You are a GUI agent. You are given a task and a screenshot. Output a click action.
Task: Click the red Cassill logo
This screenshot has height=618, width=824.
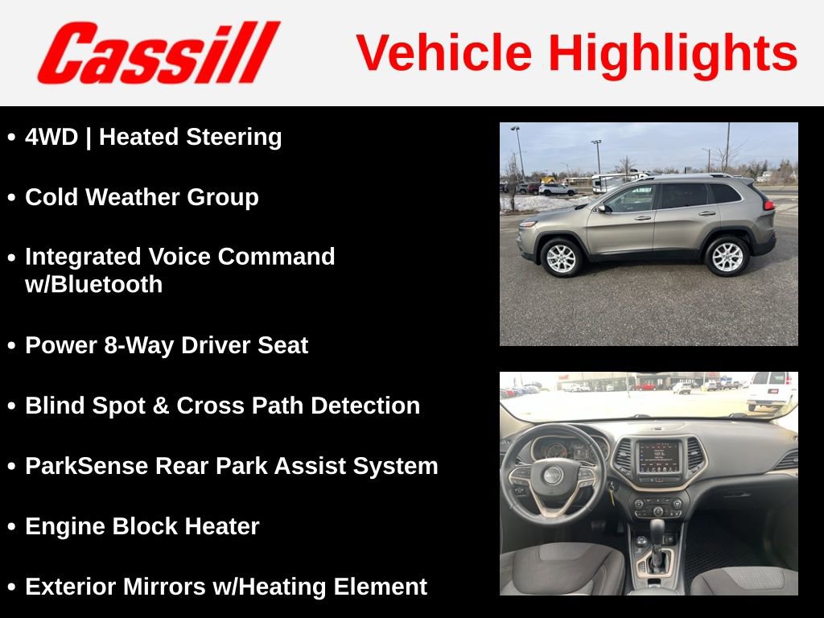(159, 53)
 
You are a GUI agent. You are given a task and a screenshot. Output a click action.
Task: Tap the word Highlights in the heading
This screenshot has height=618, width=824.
(673, 53)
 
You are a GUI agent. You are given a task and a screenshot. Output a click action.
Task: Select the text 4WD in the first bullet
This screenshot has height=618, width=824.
(51, 137)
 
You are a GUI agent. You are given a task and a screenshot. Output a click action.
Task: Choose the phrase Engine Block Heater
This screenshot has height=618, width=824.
(142, 526)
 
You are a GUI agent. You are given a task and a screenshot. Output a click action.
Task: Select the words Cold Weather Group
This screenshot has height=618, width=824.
(142, 197)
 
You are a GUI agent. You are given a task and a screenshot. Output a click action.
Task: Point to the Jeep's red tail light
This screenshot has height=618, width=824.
(769, 205)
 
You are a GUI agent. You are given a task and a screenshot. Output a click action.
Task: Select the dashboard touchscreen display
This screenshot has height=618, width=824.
(658, 456)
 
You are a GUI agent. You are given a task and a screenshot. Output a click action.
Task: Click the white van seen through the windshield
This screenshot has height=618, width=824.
(771, 390)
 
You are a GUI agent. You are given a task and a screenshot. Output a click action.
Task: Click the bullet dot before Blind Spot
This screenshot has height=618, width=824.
(11, 406)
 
